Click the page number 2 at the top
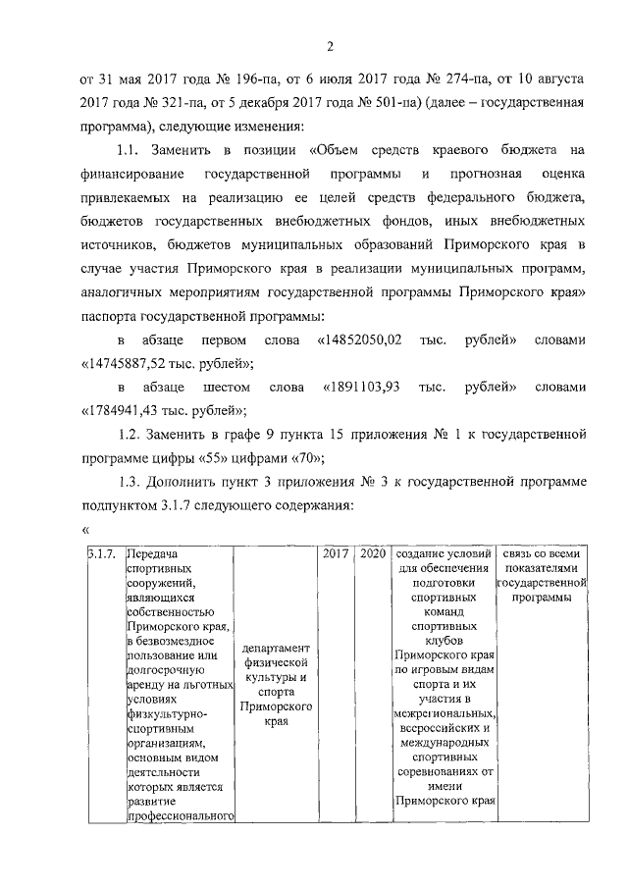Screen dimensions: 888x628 pos(331,45)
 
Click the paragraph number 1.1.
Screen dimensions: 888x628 pos(130,150)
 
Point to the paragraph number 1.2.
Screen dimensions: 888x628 pos(130,435)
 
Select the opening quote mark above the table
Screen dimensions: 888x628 pos(85,531)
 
